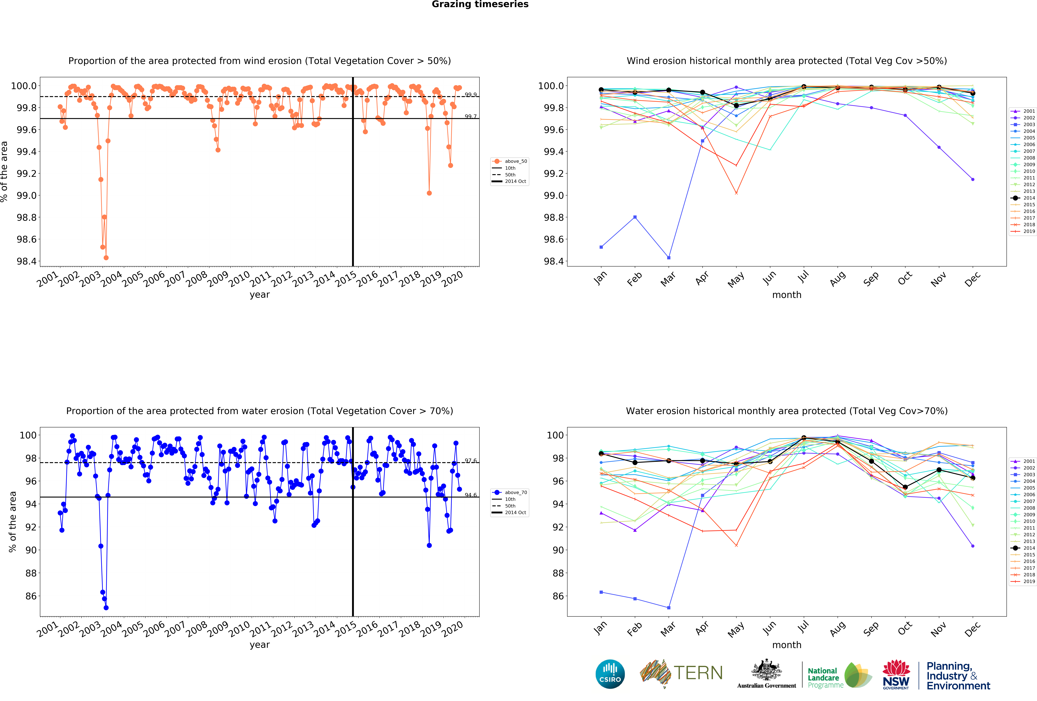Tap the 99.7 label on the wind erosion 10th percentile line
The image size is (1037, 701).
(x=470, y=117)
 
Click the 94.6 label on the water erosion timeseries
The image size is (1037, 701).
(x=470, y=495)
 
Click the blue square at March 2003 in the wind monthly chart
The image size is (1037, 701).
(x=668, y=258)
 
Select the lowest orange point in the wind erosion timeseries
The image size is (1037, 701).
(x=106, y=258)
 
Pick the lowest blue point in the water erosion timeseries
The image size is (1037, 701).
(x=106, y=608)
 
